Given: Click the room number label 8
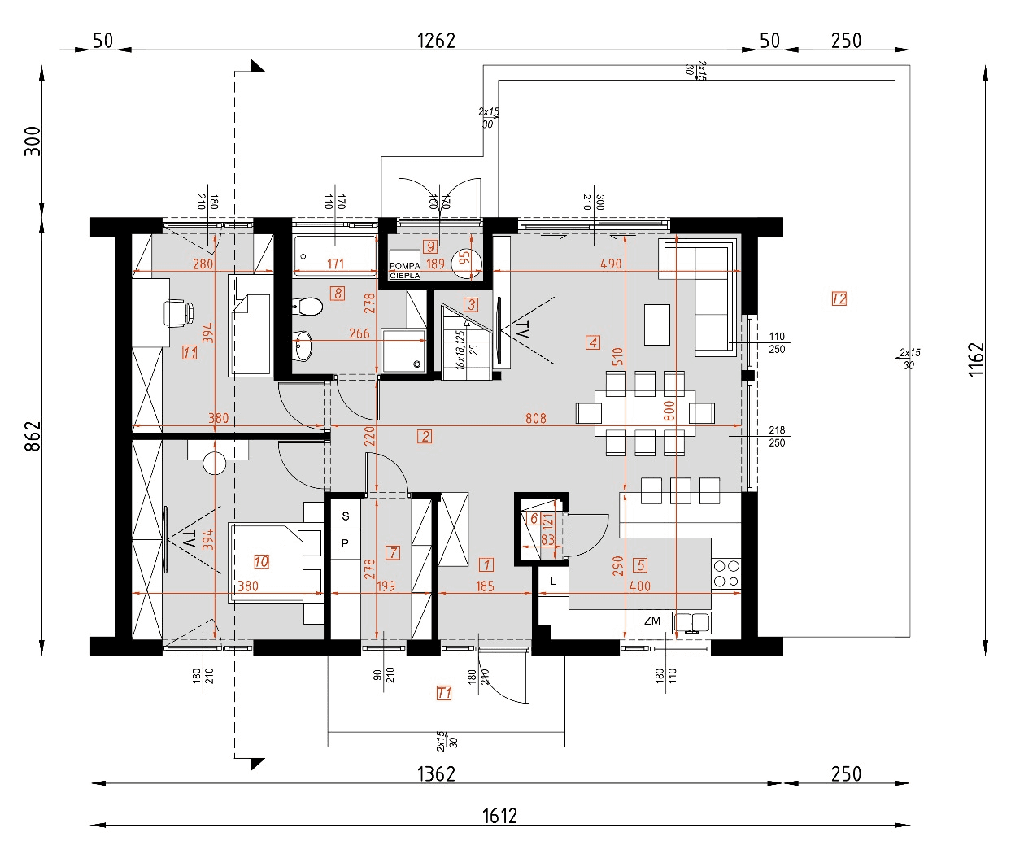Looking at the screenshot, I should (x=337, y=293).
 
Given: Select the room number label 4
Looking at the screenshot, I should (x=593, y=342).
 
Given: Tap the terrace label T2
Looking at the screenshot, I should (x=839, y=298).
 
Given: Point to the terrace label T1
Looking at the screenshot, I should (x=444, y=693).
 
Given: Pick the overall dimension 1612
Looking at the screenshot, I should (x=499, y=816).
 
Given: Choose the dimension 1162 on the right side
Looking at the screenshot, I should (x=977, y=359).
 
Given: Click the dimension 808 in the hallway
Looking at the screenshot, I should (x=536, y=418).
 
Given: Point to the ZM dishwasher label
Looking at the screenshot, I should (x=652, y=621).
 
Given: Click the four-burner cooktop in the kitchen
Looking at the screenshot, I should (x=726, y=573).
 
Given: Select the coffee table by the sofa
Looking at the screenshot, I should (x=657, y=325).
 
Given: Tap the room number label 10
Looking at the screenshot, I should (x=261, y=561).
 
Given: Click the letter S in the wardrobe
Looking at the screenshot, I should (x=346, y=516).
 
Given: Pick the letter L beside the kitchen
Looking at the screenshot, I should (x=554, y=581).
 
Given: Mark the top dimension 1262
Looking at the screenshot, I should (x=436, y=40).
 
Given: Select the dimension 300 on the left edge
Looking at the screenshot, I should (x=33, y=142).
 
